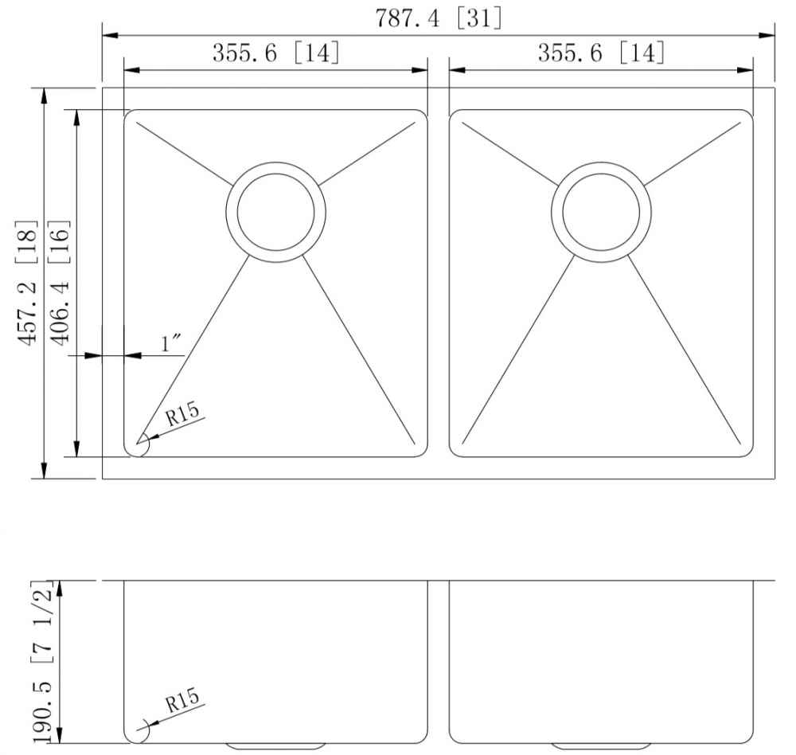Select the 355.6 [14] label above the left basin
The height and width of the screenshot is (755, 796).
tap(275, 53)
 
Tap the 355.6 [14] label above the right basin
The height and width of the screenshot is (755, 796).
tap(601, 53)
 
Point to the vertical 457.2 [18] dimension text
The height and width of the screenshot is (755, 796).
tap(27, 283)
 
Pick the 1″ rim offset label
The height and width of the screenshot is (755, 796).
tap(172, 344)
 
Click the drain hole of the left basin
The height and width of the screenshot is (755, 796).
tap(275, 213)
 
